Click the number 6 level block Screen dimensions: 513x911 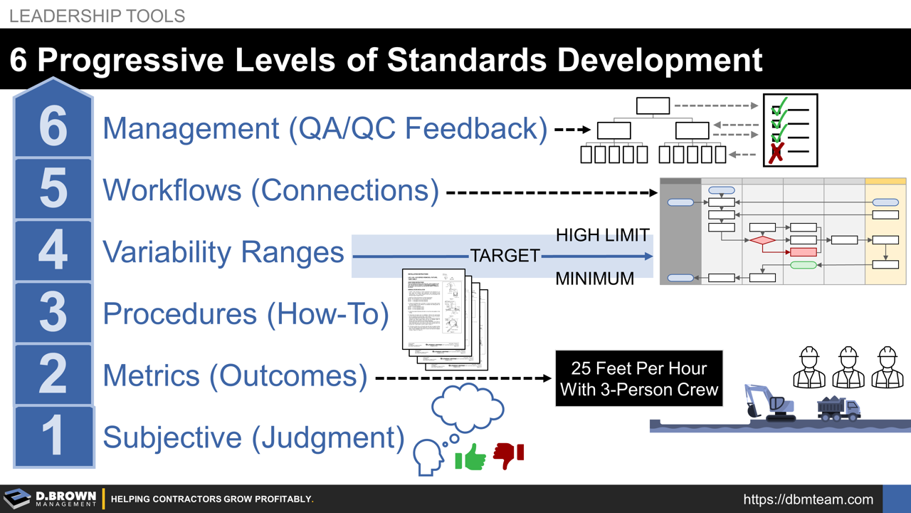(x=53, y=125)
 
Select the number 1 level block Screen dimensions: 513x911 (x=53, y=435)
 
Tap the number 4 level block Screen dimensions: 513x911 (x=53, y=250)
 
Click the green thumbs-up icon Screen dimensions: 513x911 (x=470, y=457)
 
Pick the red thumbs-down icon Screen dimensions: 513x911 (x=508, y=455)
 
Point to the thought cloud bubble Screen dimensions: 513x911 (x=468, y=408)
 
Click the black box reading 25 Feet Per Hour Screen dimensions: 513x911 (x=638, y=378)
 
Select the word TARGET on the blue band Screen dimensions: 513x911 (x=505, y=256)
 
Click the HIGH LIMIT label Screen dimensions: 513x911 (x=602, y=235)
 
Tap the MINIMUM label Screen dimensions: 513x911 (x=594, y=279)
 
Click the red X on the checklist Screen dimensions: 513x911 (x=776, y=152)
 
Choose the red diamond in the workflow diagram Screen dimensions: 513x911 (x=762, y=241)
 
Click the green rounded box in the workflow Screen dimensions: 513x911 (x=803, y=265)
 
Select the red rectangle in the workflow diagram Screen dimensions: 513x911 (x=803, y=252)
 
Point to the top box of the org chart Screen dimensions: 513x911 (x=653, y=106)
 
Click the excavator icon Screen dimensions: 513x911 (x=769, y=403)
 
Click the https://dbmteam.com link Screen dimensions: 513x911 (x=808, y=499)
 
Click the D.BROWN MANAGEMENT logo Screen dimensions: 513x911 (x=50, y=499)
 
